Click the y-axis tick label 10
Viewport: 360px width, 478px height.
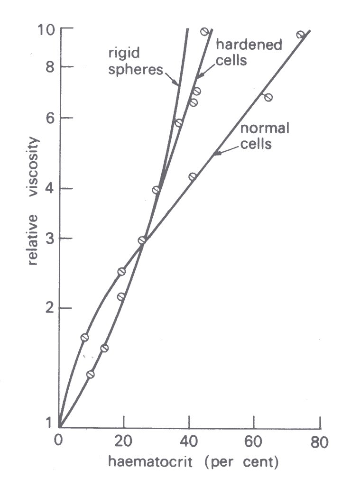point(46,30)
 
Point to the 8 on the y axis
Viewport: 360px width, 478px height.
point(50,67)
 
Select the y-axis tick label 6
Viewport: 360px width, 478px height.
point(50,118)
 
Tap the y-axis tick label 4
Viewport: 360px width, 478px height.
point(50,188)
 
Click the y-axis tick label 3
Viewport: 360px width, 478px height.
point(50,239)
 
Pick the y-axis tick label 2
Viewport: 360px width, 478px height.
point(50,308)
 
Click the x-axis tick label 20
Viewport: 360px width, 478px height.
point(123,441)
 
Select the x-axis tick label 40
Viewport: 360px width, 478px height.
point(189,441)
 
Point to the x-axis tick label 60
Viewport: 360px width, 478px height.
point(254,441)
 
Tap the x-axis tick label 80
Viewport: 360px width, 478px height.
point(320,442)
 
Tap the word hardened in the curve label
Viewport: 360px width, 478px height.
point(249,45)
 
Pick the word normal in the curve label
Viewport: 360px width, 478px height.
point(265,129)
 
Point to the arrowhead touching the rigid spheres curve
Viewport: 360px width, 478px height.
point(175,83)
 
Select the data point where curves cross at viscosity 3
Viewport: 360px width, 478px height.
point(141,240)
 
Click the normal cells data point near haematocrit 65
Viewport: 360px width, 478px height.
point(268,98)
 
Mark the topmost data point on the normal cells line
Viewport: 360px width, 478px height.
point(301,35)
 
